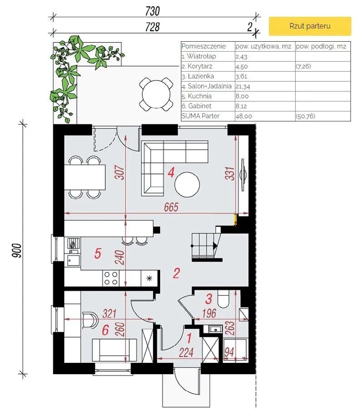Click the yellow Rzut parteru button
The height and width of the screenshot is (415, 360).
click(x=310, y=26)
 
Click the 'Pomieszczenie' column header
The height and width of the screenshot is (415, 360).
click(x=204, y=46)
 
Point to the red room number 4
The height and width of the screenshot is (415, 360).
click(x=171, y=173)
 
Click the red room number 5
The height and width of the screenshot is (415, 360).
click(x=98, y=253)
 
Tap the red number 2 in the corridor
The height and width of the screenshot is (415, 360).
click(x=176, y=273)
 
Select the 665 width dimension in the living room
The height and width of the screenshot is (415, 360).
click(x=171, y=207)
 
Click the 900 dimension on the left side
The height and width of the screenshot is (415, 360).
click(x=16, y=251)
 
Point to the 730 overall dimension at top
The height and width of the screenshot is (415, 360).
click(x=153, y=11)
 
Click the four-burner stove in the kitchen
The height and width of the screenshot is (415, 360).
click(x=111, y=278)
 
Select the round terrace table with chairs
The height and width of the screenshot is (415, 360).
click(x=156, y=94)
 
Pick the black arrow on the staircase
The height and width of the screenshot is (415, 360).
click(x=215, y=246)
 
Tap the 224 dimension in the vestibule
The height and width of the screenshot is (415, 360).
click(x=186, y=352)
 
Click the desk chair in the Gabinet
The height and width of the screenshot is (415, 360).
click(x=90, y=320)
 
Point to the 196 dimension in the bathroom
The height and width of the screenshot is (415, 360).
click(x=209, y=314)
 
